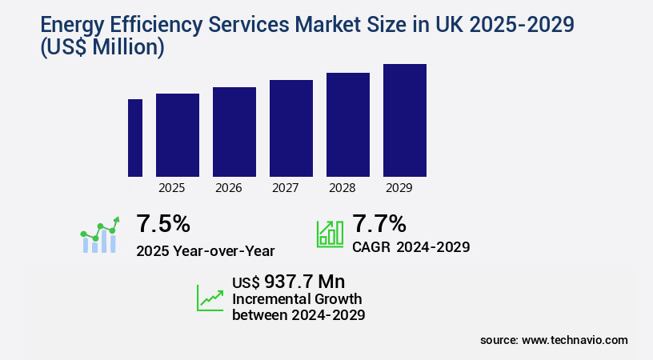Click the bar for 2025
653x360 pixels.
(x=178, y=135)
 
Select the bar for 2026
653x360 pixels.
(x=234, y=132)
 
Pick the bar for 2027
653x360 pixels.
(x=291, y=128)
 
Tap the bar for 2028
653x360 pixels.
(x=348, y=125)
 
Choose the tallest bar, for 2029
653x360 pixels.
(x=405, y=120)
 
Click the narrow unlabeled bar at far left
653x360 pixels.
(x=135, y=138)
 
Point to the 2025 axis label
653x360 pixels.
(x=172, y=189)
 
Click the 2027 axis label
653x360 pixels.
(x=286, y=189)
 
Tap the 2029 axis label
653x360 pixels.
(x=399, y=189)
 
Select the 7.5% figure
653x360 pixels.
(x=163, y=223)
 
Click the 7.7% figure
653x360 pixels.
(x=379, y=223)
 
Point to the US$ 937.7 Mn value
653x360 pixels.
(x=288, y=282)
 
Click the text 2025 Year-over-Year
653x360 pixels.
(x=206, y=251)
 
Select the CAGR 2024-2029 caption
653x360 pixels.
(x=411, y=247)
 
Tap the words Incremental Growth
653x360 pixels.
(x=297, y=299)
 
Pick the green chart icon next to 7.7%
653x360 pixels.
(x=330, y=233)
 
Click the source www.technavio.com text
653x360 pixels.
(x=554, y=340)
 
